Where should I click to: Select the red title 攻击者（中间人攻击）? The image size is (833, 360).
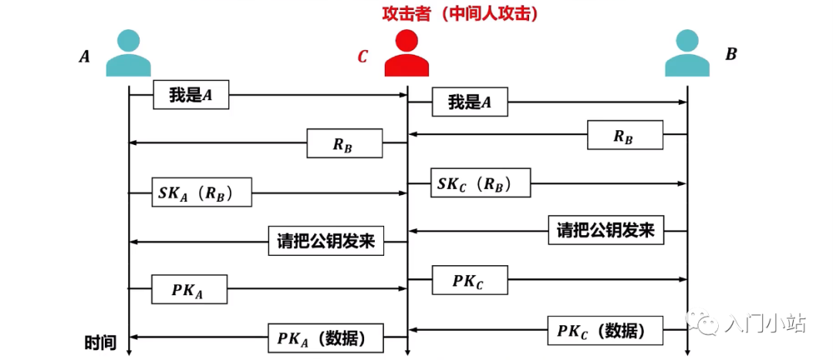pyautogui.click(x=460, y=14)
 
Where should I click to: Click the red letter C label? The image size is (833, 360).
pyautogui.click(x=363, y=57)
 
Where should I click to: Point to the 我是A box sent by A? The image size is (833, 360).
pyautogui.click(x=191, y=95)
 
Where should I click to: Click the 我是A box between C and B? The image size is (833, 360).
pyautogui.click(x=470, y=102)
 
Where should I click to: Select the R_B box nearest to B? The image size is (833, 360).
pyautogui.click(x=625, y=135)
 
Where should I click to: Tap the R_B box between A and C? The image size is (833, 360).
pyautogui.click(x=345, y=143)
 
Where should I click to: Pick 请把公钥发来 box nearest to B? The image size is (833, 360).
pyautogui.click(x=606, y=230)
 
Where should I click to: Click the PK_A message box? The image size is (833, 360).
pyautogui.click(x=190, y=289)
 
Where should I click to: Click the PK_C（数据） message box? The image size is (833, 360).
pyautogui.click(x=605, y=330)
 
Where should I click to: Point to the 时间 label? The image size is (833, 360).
pyautogui.click(x=100, y=342)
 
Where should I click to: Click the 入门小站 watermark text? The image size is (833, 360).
pyautogui.click(x=764, y=324)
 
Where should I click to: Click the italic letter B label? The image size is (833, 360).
pyautogui.click(x=731, y=54)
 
